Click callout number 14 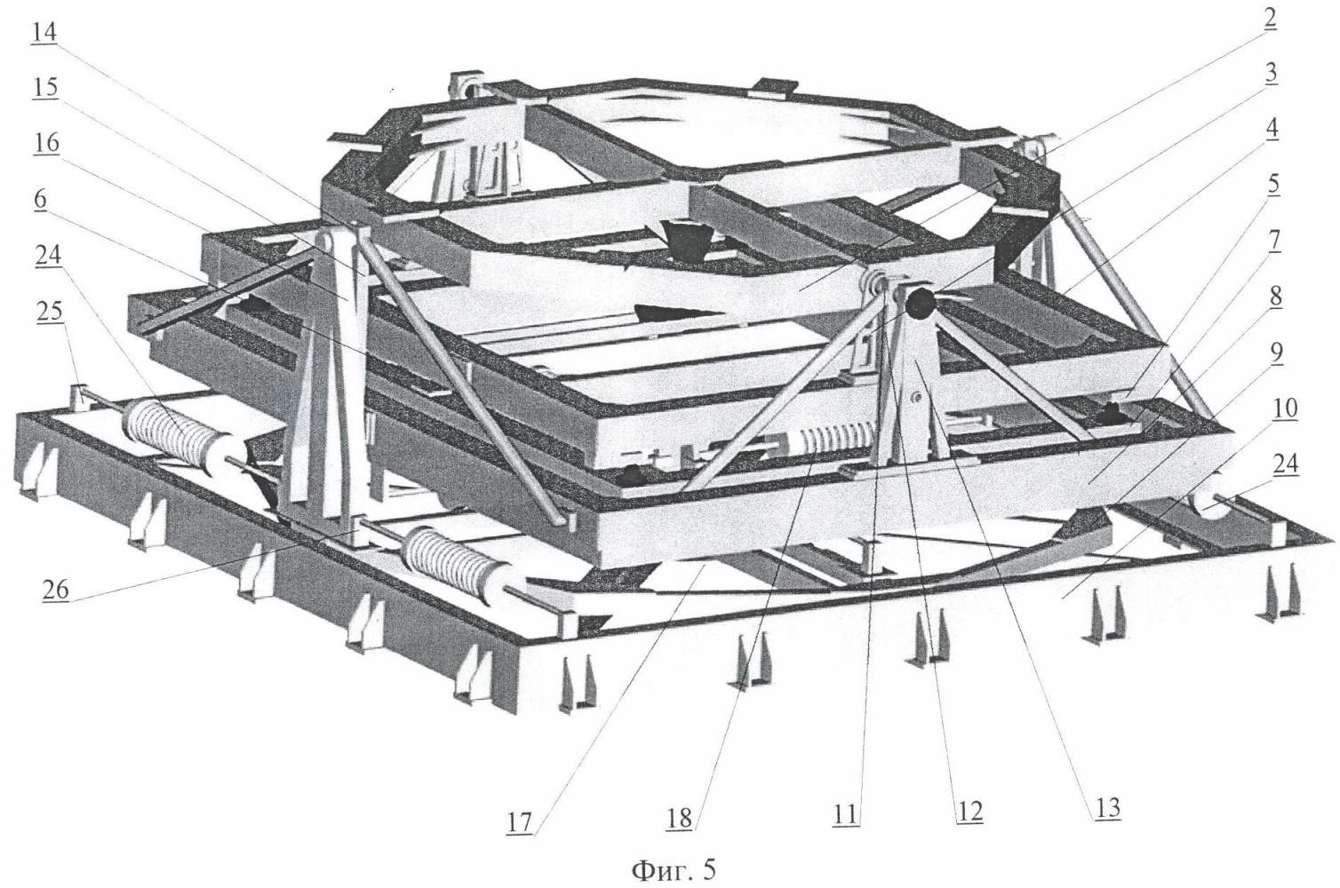pyautogui.click(x=44, y=33)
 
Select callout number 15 pyautogui.click(x=44, y=87)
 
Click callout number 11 pyautogui.click(x=845, y=814)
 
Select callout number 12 pyautogui.click(x=969, y=812)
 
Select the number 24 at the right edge pyautogui.click(x=1286, y=464)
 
